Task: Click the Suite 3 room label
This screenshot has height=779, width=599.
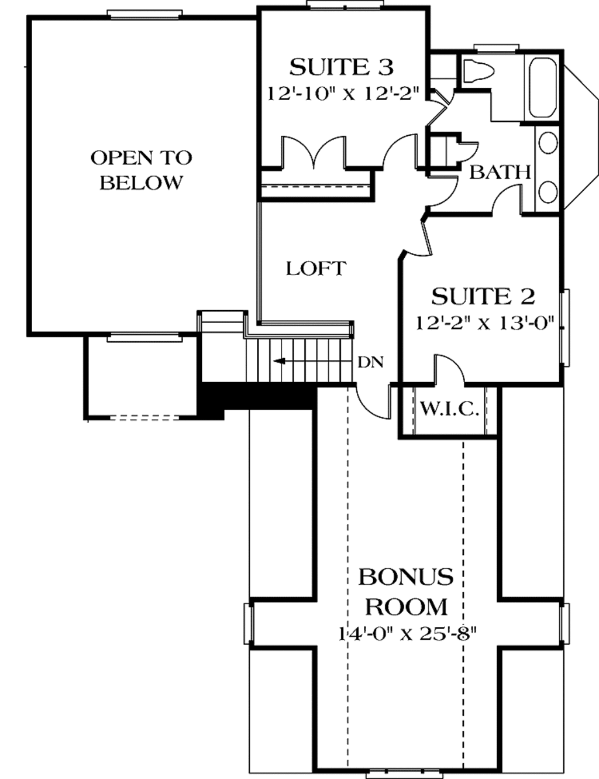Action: (341, 67)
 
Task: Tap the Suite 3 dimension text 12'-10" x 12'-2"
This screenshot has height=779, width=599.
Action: (344, 94)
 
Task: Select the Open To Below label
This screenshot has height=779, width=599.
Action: (141, 170)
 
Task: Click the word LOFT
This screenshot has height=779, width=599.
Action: (316, 269)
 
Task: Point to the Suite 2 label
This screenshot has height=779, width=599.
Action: (483, 297)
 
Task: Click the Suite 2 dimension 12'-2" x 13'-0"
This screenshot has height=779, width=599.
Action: (485, 323)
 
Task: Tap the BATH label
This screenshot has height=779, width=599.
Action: (500, 172)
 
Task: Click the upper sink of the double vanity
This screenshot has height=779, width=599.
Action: (548, 143)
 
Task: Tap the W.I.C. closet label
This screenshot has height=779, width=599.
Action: (449, 409)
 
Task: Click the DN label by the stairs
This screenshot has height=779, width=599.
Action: (370, 362)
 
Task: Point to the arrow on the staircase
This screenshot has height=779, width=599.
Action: (281, 361)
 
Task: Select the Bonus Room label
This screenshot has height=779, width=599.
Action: (406, 591)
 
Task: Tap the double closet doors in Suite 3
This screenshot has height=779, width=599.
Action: (315, 152)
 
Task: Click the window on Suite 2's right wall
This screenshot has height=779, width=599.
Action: (564, 328)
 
